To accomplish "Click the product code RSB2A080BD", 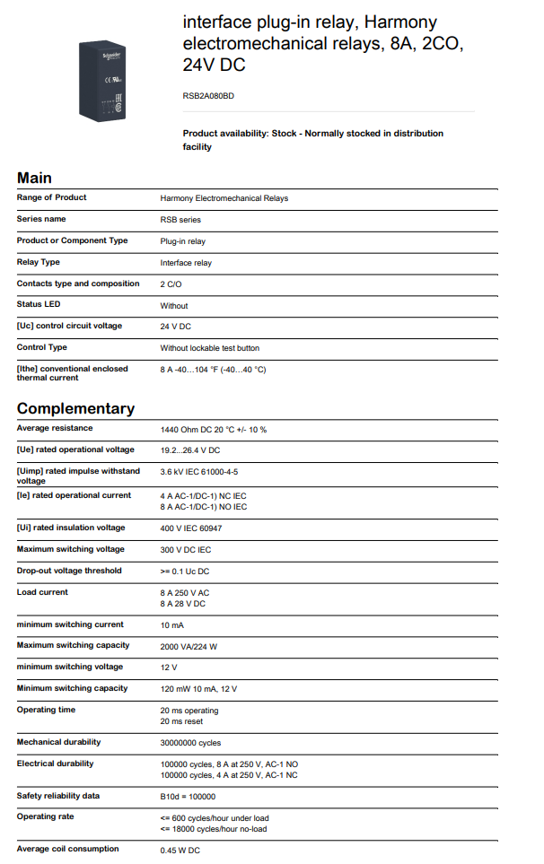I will (208, 95).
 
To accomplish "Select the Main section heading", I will (34, 178).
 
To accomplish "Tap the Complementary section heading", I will (75, 408).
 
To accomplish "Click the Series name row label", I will (41, 219).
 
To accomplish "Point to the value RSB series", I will (180, 220).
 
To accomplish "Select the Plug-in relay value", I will (183, 241).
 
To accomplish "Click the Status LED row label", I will (39, 305).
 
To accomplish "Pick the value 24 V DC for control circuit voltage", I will (176, 327).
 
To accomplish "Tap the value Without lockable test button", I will (210, 348).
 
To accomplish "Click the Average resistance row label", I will (54, 429).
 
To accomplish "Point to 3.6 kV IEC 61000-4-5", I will (199, 471).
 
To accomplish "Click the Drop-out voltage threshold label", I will (69, 571).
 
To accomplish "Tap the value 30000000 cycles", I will (190, 743).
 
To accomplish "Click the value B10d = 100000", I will (188, 797).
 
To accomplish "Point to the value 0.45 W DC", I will (180, 851).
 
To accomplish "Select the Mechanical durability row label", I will (58, 742).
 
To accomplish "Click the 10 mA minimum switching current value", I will (171, 624).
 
